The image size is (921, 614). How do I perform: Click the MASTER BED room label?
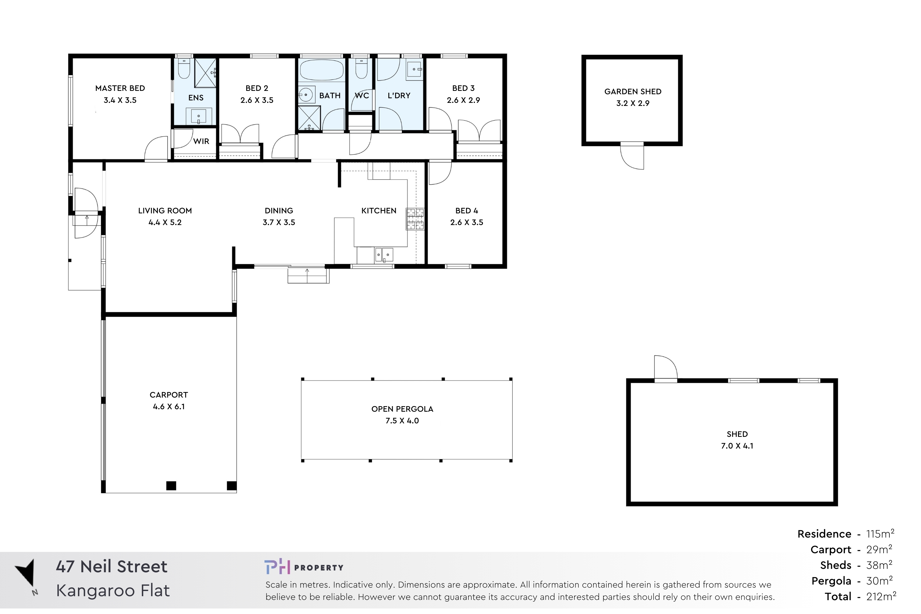pos(120,88)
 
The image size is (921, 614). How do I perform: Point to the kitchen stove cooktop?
pos(415,219)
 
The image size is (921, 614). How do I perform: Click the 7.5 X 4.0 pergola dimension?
pos(402,421)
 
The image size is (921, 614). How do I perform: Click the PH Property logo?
pos(304,567)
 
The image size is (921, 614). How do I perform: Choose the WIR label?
pos(201,141)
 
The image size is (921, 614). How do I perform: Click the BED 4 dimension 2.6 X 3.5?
pos(467,222)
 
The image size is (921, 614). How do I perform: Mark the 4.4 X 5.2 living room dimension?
pos(165,222)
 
